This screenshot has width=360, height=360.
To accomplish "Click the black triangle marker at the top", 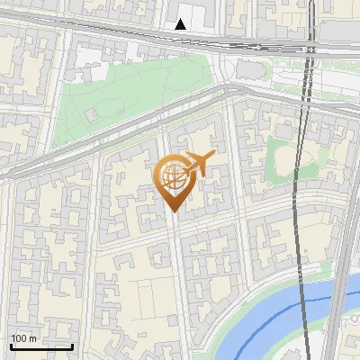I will pyautogui.click(x=182, y=24).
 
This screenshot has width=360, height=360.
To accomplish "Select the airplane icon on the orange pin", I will pyautogui.click(x=201, y=165).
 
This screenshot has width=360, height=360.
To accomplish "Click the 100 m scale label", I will pyautogui.click(x=24, y=338).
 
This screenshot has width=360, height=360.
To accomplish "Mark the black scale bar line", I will pyautogui.click(x=41, y=346).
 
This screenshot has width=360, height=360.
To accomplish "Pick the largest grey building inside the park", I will pyautogui.click(x=92, y=115).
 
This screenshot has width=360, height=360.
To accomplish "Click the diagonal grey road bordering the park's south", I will pyautogui.click(x=135, y=135).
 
